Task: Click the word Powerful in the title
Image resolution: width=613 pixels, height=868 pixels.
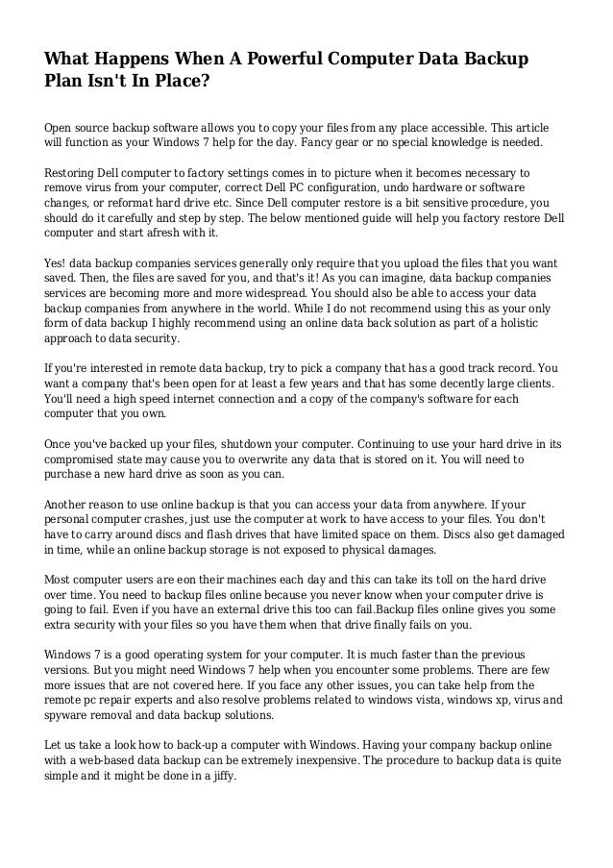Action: (271, 60)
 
